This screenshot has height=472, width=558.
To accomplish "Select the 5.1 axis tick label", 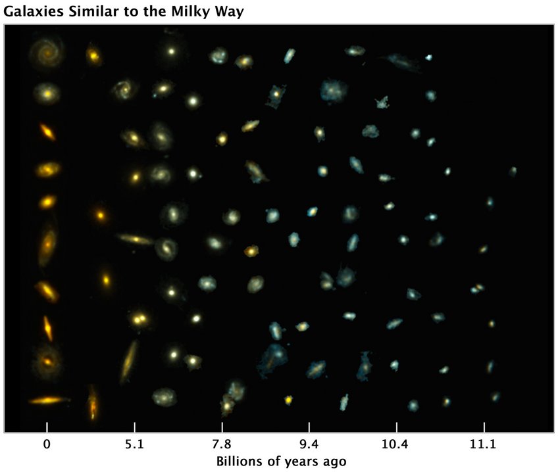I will pos(134,445).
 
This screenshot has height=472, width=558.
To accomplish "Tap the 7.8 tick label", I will pos(222,445).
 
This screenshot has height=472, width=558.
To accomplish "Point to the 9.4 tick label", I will pos(309,445).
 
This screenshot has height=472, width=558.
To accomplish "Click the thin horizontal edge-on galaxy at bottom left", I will pos(49,400).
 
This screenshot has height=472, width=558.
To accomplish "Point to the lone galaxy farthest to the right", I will pos(513,171).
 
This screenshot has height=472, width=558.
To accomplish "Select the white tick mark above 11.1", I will pos(484,427).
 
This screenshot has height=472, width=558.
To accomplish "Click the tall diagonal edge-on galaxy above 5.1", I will pos(129,362).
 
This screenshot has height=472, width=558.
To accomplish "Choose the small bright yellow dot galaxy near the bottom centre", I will pos(288,399).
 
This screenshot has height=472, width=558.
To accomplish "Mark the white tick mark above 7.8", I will pos(222,427).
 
